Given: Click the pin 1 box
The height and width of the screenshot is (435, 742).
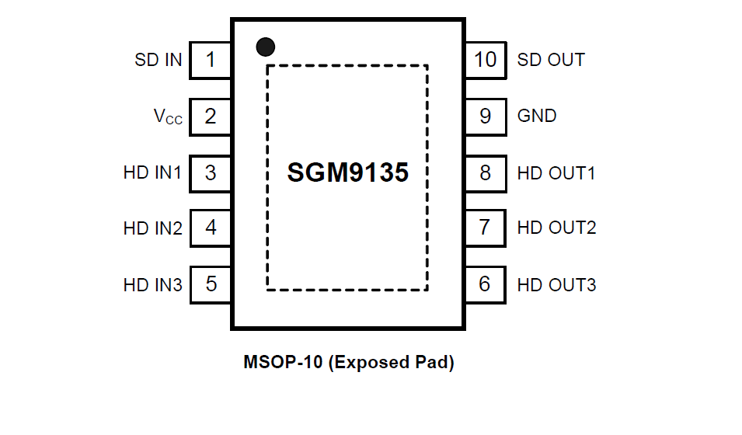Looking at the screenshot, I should (x=210, y=60).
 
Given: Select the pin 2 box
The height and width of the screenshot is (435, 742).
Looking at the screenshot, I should (x=210, y=117).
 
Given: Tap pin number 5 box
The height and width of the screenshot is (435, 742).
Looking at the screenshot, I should (x=210, y=284).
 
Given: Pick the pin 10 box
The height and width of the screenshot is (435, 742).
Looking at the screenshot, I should (x=486, y=60).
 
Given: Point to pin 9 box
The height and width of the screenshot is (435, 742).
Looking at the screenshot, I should (x=486, y=117).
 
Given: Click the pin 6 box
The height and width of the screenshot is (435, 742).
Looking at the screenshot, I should (x=486, y=284).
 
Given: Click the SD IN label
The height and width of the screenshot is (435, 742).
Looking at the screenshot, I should (x=159, y=60).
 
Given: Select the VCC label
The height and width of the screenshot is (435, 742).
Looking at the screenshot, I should (x=168, y=117).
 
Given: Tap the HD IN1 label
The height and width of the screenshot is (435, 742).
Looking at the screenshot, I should (x=152, y=172).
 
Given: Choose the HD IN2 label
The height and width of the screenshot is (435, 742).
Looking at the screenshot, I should (x=152, y=228).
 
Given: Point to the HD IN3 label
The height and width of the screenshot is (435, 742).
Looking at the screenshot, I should (x=152, y=285).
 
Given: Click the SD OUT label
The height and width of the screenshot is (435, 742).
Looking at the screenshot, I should (x=551, y=60).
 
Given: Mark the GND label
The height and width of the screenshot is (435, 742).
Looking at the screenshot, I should (x=537, y=117).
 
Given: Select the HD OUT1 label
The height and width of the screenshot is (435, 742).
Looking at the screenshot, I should (x=556, y=172).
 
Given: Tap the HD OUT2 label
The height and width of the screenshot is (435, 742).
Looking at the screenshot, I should (x=556, y=228).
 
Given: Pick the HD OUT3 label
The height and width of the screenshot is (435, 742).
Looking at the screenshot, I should (x=556, y=285).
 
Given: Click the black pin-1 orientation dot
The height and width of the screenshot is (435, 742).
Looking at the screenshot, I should (x=266, y=47).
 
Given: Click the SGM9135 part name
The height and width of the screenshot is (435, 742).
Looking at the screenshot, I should (x=347, y=172).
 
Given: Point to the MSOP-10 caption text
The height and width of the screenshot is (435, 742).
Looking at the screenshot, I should (x=348, y=362).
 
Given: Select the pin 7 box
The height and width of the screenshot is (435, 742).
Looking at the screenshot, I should (x=486, y=228).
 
